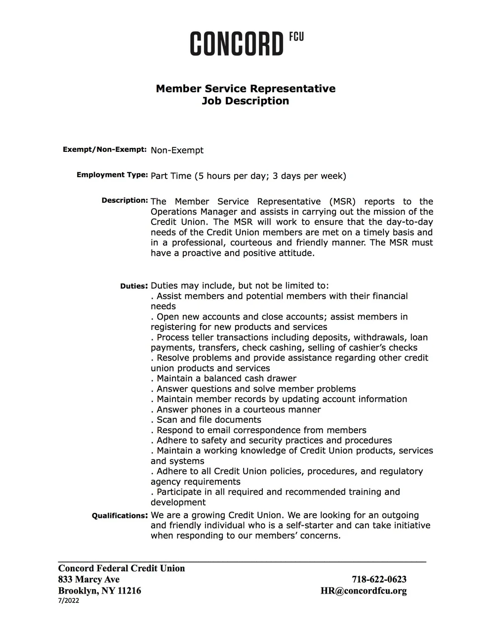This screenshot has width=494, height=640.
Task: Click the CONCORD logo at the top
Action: pyautogui.click(x=237, y=44)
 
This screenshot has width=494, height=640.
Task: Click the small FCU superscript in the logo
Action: pyautogui.click(x=296, y=37)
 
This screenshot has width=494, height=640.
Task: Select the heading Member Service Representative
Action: pyautogui.click(x=246, y=89)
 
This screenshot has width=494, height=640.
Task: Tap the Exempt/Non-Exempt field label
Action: pyautogui.click(x=105, y=149)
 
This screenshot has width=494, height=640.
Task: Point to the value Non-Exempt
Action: pyautogui.click(x=177, y=150)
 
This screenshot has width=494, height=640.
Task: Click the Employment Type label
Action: pyautogui.click(x=112, y=175)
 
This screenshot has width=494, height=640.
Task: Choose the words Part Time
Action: pyautogui.click(x=170, y=176)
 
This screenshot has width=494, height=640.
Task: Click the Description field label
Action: pyautogui.click(x=124, y=200)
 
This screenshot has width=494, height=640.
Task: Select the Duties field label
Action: pyautogui.click(x=133, y=286)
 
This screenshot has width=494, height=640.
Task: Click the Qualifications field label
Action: pyautogui.click(x=120, y=516)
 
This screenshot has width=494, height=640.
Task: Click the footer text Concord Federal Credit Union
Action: pyautogui.click(x=122, y=568)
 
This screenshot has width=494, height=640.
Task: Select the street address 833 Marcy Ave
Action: pyautogui.click(x=89, y=579)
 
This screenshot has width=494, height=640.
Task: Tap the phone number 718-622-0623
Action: pyautogui.click(x=379, y=579)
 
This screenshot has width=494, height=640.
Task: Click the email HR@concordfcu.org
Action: pyautogui.click(x=364, y=591)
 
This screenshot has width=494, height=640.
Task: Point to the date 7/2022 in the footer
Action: pyautogui.click(x=69, y=601)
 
